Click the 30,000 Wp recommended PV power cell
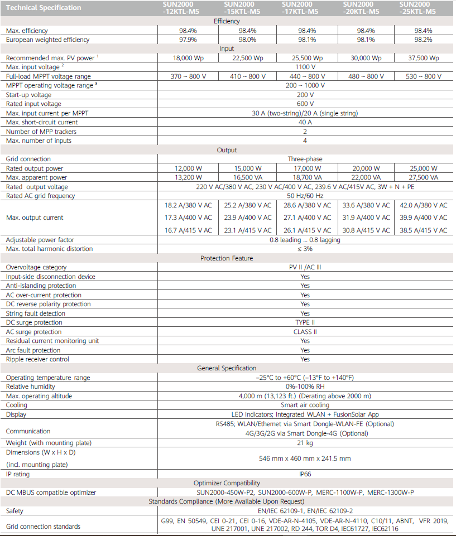(366, 58)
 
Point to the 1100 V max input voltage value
(305, 67)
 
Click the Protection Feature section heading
(227, 258)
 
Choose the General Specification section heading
(227, 368)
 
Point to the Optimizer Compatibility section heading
(227, 483)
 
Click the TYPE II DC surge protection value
(305, 322)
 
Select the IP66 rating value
(305, 474)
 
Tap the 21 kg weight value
(305, 442)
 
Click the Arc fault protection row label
(33, 350)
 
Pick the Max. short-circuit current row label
(42, 122)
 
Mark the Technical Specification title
(44, 8)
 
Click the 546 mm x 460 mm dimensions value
(305, 458)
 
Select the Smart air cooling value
(305, 405)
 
